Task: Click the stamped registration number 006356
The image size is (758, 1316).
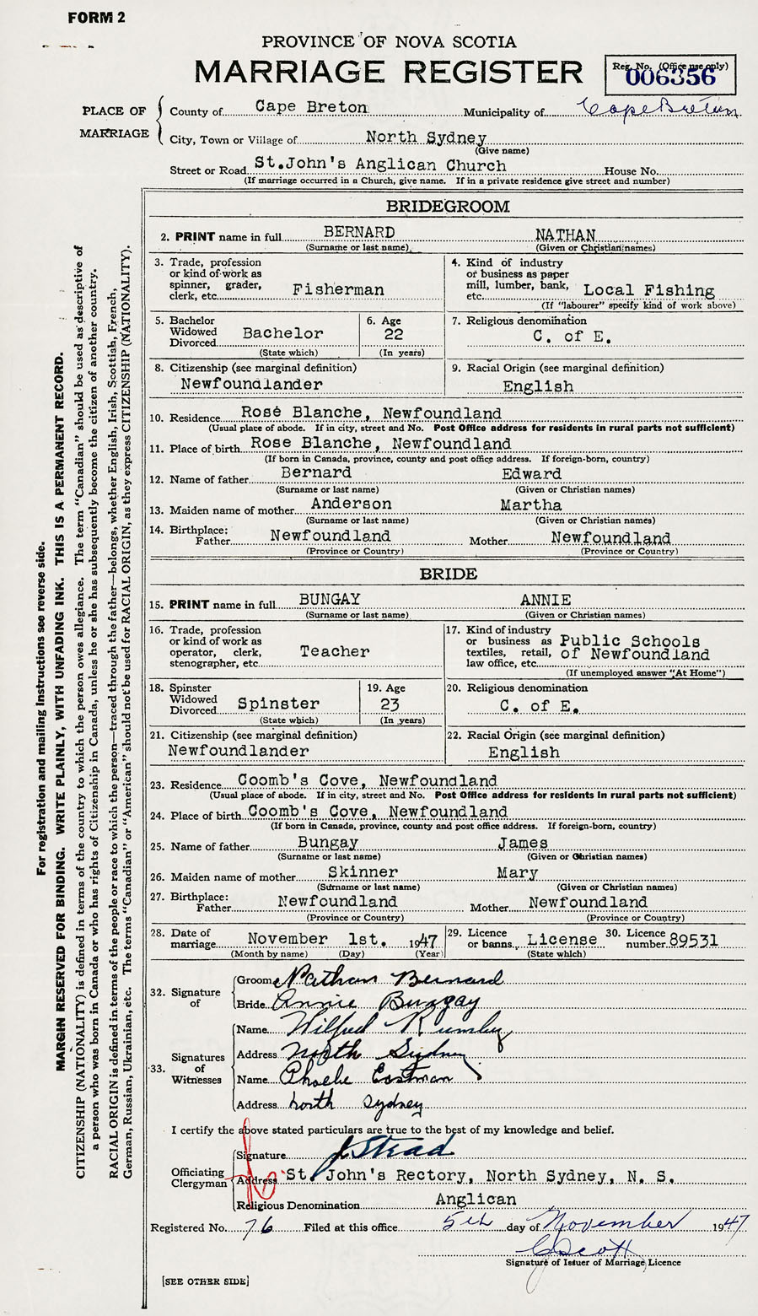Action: pos(670,78)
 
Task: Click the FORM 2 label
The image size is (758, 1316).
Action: pos(97,19)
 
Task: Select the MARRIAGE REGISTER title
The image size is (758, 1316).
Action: pos(388,72)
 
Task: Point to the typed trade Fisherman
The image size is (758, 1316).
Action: pos(338,289)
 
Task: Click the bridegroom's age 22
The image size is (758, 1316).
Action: pos(390,334)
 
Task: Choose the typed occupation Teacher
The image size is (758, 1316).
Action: pos(335,651)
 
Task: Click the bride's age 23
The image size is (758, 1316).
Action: pos(390,704)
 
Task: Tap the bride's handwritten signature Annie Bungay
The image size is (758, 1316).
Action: pos(371,1002)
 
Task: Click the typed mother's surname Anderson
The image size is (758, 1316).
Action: pos(352,504)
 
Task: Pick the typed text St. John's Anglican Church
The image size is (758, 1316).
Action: pos(380,165)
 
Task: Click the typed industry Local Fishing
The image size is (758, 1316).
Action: pos(649,291)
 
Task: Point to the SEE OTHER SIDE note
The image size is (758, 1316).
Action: pos(205,1281)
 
